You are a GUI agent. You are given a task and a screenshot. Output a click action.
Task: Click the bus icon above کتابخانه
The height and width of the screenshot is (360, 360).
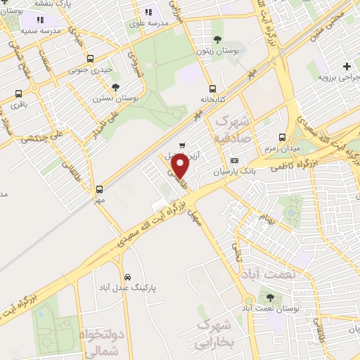click(x=212, y=89)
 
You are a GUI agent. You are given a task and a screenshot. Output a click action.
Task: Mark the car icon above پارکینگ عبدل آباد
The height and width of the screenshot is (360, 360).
click(x=127, y=276)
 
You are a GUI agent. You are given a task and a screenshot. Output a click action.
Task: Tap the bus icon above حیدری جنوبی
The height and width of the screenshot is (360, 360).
click(x=89, y=59)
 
